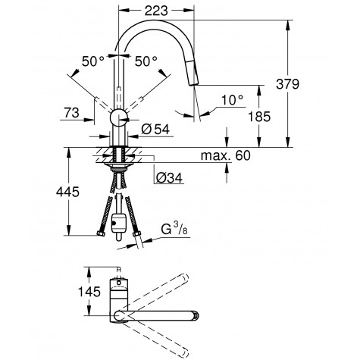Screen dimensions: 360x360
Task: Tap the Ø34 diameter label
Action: click(x=169, y=179)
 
